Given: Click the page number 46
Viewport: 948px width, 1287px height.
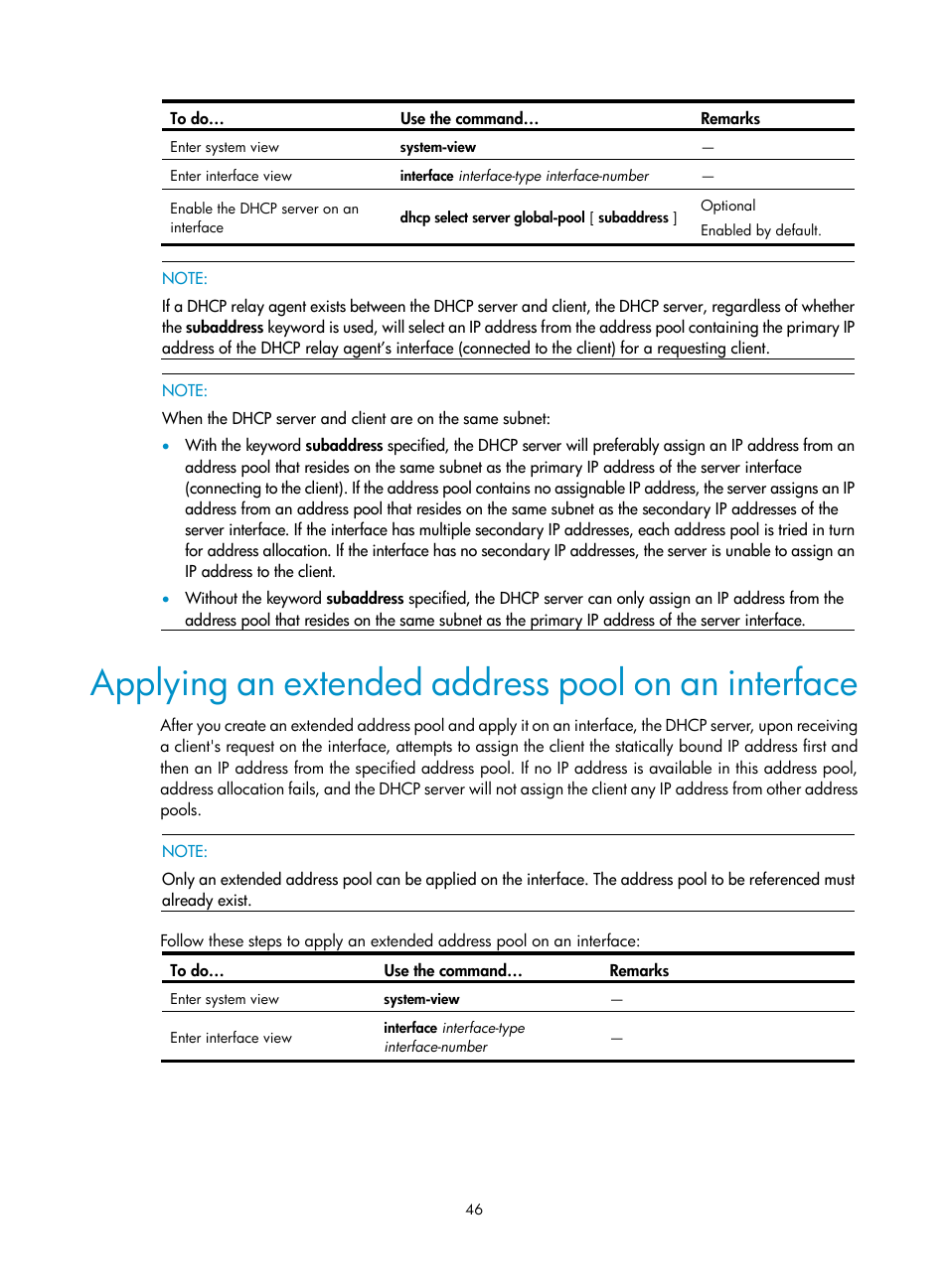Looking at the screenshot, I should tap(474, 1209).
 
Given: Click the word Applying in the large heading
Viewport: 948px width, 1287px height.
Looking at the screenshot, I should tap(159, 684).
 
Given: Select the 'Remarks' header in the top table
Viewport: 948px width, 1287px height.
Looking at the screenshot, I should tap(729, 118).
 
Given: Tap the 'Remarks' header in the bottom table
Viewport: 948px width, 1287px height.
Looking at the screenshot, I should tap(638, 970).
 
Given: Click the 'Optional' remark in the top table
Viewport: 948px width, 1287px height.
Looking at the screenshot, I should tap(727, 206).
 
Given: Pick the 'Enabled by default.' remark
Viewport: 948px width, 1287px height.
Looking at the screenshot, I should tap(760, 230).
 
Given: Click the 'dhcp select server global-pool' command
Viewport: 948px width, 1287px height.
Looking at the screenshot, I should tap(492, 217).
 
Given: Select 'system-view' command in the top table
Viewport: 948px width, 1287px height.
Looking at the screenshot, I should tap(437, 147).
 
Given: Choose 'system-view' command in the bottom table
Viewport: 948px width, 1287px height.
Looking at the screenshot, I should tap(421, 999).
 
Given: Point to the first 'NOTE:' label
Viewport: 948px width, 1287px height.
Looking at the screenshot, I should tap(185, 278).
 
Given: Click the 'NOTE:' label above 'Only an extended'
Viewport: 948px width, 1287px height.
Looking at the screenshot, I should tap(185, 851).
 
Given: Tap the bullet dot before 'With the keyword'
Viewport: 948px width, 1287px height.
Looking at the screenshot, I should tap(166, 446).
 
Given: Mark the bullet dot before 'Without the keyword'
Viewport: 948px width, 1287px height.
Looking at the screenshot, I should tap(166, 599).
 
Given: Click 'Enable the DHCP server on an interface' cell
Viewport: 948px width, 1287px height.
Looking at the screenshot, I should tap(263, 217).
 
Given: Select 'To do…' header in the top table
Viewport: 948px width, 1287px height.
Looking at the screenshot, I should tap(197, 118).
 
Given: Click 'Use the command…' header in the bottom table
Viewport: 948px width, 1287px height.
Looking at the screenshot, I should tap(452, 970).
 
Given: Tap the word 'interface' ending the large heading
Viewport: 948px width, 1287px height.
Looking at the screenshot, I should tap(792, 684).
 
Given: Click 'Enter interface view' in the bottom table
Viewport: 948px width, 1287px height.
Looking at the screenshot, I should tap(231, 1038).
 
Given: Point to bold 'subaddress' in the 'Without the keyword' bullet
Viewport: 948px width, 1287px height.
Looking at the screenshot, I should tap(365, 598).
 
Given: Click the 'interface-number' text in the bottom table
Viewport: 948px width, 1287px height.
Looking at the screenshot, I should tap(435, 1047).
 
